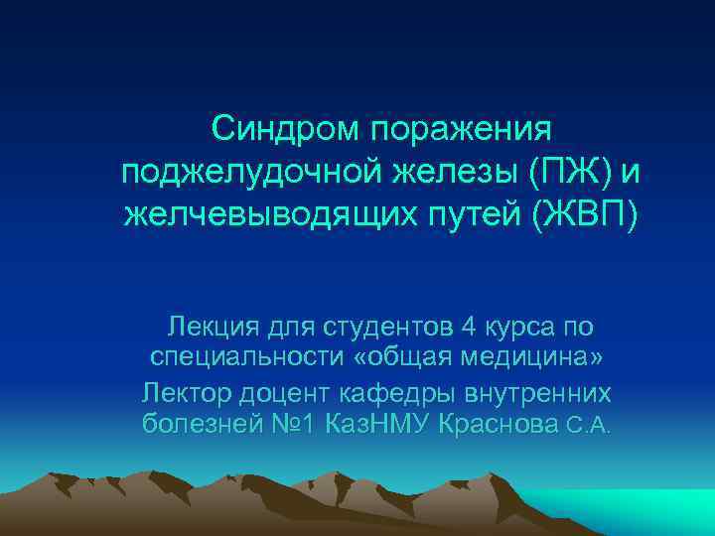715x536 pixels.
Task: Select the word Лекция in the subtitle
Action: [212, 326]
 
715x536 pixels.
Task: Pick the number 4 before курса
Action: [469, 326]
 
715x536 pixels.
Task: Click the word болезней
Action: [196, 425]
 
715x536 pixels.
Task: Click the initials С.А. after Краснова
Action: [589, 427]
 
